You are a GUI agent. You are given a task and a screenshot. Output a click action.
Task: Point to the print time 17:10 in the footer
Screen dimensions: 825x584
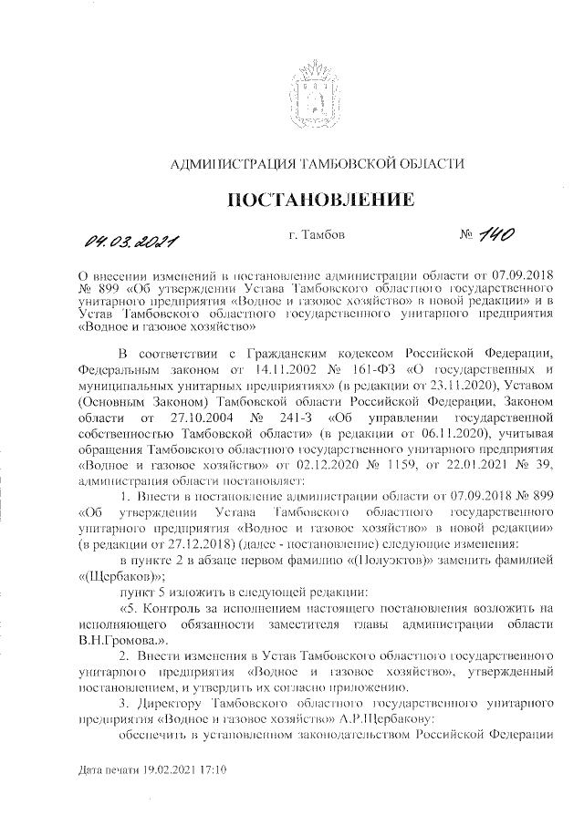(x=214, y=769)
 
